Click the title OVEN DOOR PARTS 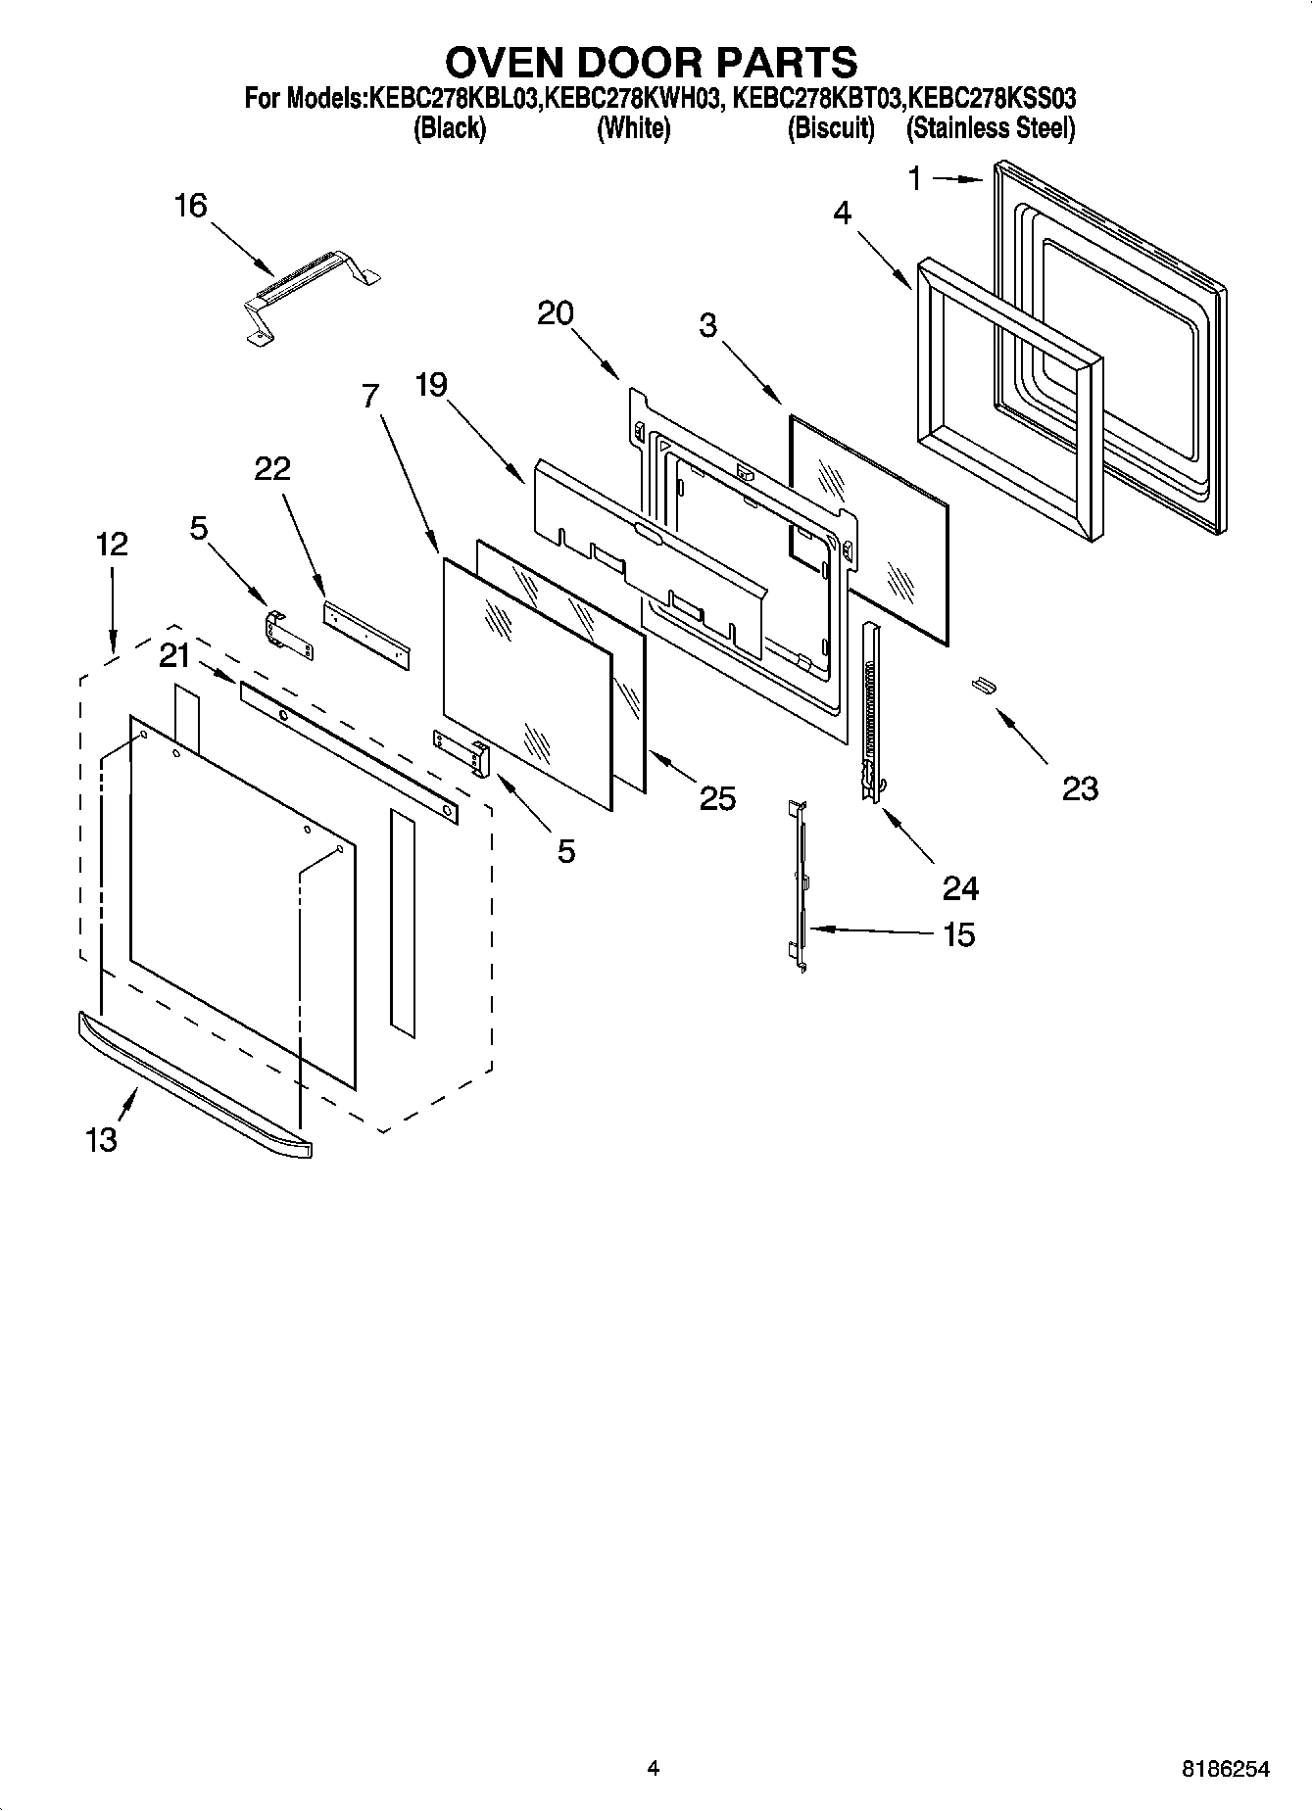pyautogui.click(x=651, y=62)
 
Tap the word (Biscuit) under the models pyautogui.click(x=831, y=128)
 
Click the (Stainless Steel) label pyautogui.click(x=991, y=128)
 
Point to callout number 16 pyautogui.click(x=190, y=206)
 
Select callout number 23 pyautogui.click(x=1080, y=788)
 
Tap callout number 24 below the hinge pyautogui.click(x=960, y=888)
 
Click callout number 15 pyautogui.click(x=958, y=934)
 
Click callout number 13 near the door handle pyautogui.click(x=101, y=1138)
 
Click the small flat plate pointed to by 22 pyautogui.click(x=365, y=636)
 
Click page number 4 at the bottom pyautogui.click(x=653, y=1768)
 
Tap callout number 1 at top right pyautogui.click(x=914, y=178)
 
